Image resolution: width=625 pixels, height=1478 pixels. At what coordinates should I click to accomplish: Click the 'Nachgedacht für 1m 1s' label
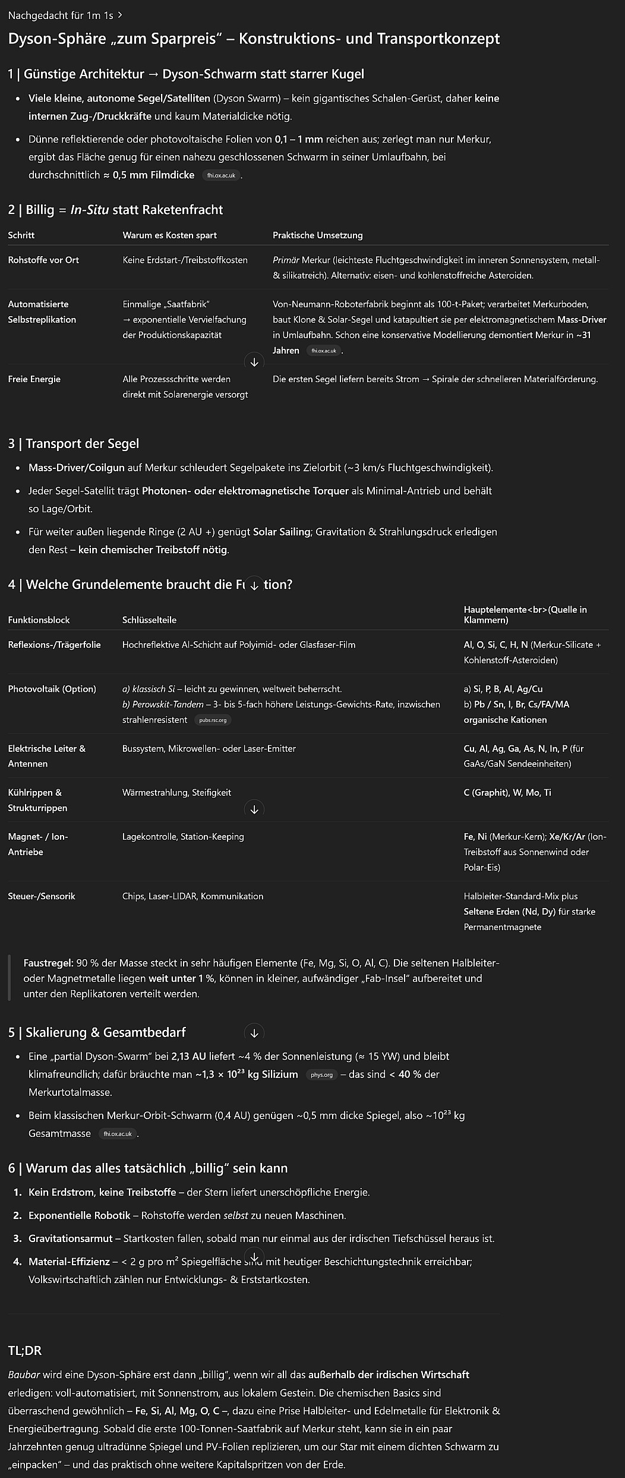(61, 15)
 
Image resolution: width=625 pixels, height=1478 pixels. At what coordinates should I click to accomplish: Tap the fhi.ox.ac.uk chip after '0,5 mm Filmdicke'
(221, 175)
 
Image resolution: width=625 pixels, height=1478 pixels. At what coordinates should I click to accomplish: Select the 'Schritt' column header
(21, 235)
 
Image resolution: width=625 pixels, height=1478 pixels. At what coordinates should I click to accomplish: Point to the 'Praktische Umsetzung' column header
(317, 235)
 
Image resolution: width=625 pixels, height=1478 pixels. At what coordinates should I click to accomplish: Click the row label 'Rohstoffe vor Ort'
(43, 260)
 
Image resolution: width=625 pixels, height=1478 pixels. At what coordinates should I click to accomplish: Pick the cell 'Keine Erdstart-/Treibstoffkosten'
(185, 260)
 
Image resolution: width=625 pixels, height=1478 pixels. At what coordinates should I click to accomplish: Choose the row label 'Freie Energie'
(34, 379)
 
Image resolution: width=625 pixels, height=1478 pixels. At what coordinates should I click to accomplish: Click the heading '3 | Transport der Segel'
(74, 444)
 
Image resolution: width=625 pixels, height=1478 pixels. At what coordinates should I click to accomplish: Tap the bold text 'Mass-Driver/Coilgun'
(76, 468)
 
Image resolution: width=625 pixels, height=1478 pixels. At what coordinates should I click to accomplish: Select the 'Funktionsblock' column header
(39, 620)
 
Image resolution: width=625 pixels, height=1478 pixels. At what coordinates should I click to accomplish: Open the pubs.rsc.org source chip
(213, 720)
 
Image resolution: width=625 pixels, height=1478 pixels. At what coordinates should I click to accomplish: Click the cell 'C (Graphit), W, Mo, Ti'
(507, 793)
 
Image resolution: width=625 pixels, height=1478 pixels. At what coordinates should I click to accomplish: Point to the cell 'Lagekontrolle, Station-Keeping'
(183, 837)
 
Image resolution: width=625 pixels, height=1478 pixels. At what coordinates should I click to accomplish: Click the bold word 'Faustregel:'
(48, 963)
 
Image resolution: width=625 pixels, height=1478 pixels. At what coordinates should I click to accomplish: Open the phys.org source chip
(321, 1074)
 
